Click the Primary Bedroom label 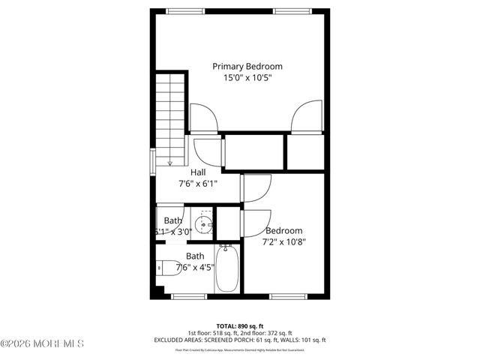(x=247, y=66)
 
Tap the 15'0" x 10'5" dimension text (x=247, y=77)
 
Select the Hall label (x=198, y=172)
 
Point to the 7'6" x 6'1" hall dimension (x=198, y=183)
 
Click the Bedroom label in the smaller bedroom (x=283, y=230)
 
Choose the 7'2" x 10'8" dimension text (x=283, y=241)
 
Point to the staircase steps (x=170, y=112)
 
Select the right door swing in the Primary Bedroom (x=307, y=118)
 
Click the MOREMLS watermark (x=42, y=344)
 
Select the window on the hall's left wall (x=153, y=161)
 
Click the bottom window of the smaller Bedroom (x=287, y=297)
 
